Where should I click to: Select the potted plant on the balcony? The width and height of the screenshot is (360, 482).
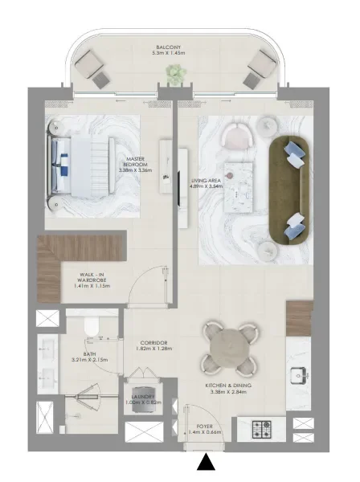(174, 74)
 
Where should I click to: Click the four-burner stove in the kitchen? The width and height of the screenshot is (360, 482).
(264, 428)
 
